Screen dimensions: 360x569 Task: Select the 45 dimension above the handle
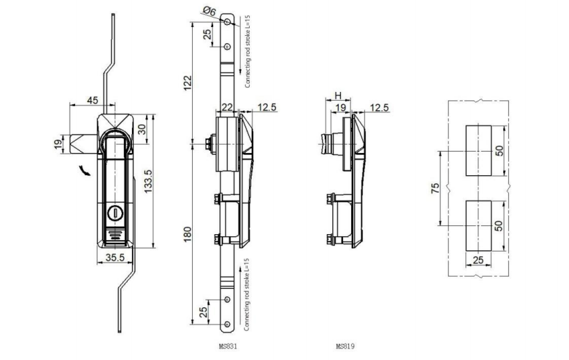(93, 100)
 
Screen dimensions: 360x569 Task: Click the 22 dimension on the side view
(227, 107)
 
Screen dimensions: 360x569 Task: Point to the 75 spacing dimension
(435, 187)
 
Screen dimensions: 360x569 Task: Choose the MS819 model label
(345, 346)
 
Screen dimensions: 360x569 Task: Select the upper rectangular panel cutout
(480, 150)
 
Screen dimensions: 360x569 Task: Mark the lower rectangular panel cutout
(480, 225)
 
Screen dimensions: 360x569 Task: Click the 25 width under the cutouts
(480, 258)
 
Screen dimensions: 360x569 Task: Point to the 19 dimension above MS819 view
(342, 107)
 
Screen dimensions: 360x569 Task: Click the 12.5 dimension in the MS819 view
(380, 107)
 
